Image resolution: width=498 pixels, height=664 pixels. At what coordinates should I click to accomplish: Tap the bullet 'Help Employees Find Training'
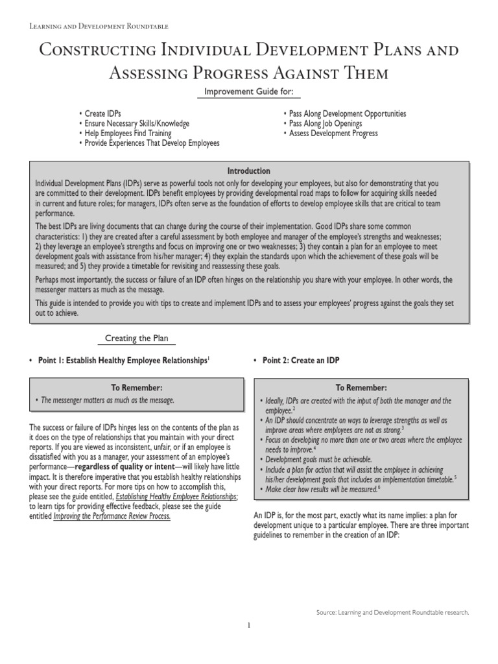coord(128,134)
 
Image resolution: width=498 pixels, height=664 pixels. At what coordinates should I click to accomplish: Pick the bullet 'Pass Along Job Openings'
coord(325,124)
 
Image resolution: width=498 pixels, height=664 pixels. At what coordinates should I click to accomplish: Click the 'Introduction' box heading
coord(248,171)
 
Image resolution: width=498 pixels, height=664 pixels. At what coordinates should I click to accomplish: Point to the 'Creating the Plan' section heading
coord(137,338)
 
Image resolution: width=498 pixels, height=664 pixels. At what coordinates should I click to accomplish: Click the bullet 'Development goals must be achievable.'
coord(318,459)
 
